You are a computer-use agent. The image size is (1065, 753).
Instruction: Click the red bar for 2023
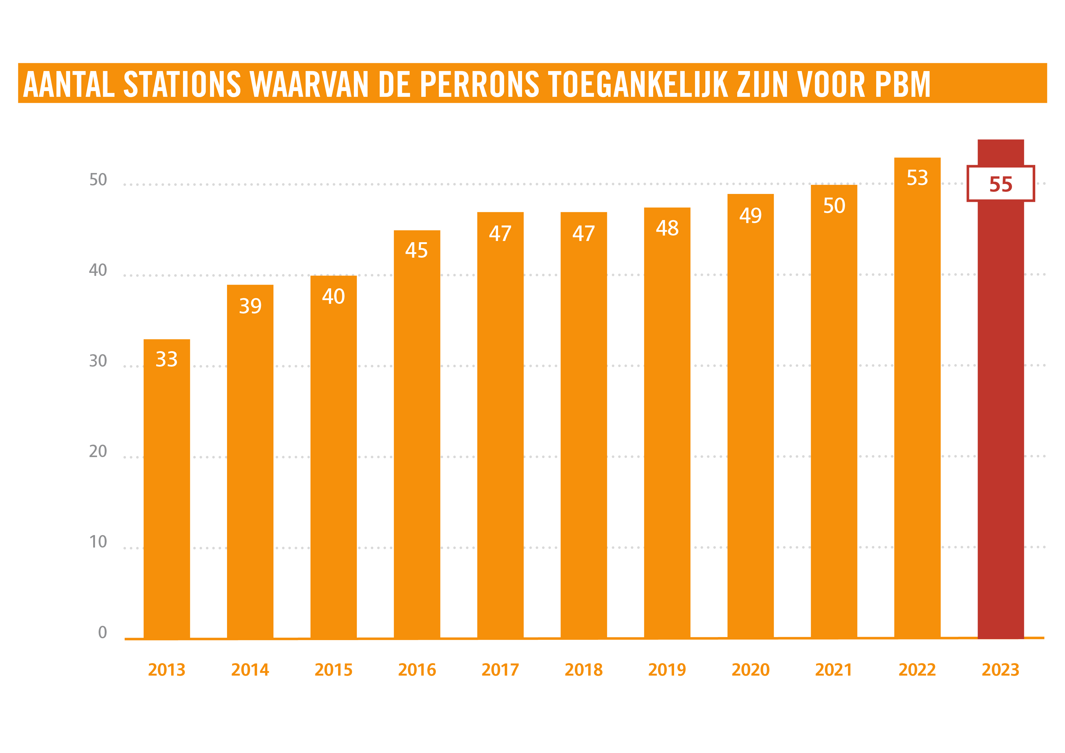(1001, 418)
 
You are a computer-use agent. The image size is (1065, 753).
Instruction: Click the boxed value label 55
(1001, 184)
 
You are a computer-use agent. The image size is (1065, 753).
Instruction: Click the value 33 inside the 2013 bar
(167, 359)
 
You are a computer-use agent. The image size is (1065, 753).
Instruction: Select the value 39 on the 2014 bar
(250, 306)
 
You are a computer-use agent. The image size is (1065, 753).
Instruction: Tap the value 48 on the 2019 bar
(667, 228)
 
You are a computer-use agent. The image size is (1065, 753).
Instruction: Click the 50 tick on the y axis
(98, 180)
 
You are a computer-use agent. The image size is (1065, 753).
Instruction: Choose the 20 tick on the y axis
(98, 451)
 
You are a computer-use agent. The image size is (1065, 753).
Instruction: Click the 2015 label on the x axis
(334, 670)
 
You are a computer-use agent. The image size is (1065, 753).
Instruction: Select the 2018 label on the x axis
(584, 670)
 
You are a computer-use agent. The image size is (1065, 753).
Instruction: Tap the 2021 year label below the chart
(833, 670)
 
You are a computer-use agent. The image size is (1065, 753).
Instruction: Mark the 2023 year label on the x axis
(1001, 670)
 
